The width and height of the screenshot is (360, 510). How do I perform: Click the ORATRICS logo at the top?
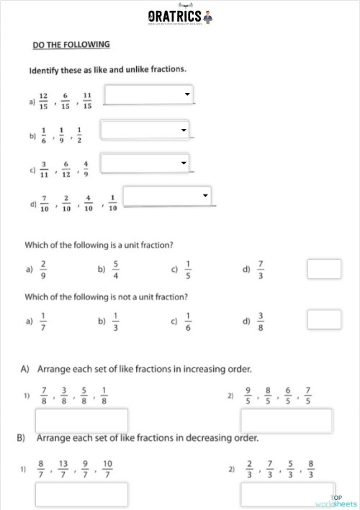click(179, 16)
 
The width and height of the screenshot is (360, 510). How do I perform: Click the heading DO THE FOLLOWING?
click(71, 45)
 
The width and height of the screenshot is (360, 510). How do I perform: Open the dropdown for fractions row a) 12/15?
click(149, 94)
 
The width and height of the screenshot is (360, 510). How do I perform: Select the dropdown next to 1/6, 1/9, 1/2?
click(145, 130)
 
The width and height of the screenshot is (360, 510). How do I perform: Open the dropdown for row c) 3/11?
click(145, 164)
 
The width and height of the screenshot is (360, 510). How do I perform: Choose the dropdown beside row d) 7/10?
click(168, 196)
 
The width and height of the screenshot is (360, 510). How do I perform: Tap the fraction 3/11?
click(44, 170)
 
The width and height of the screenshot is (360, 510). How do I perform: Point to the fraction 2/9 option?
click(44, 269)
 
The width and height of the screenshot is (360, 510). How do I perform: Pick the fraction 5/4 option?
click(116, 269)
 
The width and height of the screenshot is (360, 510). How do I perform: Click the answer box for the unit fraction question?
click(324, 269)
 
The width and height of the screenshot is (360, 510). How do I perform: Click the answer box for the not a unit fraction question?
click(324, 319)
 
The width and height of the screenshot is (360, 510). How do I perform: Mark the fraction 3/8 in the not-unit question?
click(261, 321)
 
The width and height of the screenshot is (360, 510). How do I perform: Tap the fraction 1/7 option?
click(44, 321)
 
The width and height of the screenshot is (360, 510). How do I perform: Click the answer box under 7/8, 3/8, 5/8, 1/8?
click(81, 421)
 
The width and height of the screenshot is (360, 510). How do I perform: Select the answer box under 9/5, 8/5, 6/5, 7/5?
click(286, 421)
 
